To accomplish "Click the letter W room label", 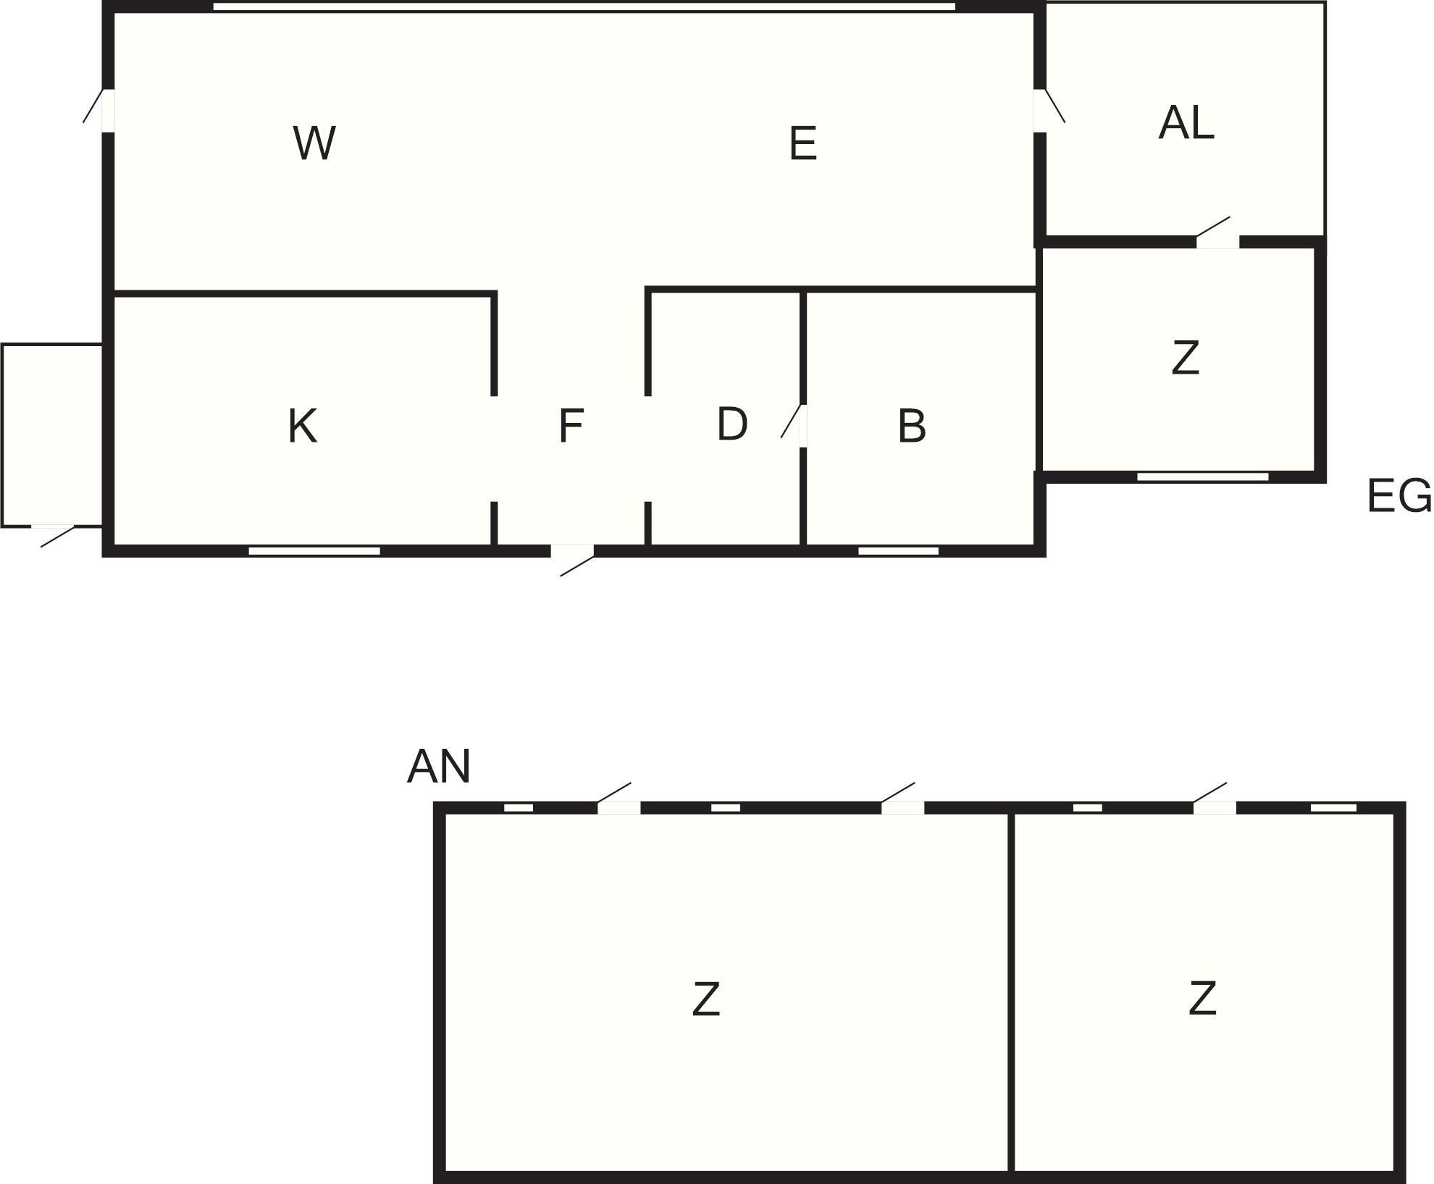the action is (x=314, y=143).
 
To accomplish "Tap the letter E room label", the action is (x=803, y=143).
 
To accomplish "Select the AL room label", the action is (x=1186, y=122).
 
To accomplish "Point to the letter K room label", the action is (x=303, y=426).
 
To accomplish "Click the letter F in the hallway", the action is (x=571, y=426).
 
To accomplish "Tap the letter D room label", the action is (x=732, y=424).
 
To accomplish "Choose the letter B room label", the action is (x=912, y=426).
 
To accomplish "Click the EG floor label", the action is (x=1399, y=496).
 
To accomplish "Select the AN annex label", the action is (x=439, y=766).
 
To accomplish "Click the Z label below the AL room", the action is (x=1185, y=358).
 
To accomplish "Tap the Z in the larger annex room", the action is (x=706, y=999).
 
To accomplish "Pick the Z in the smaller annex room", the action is (x=1202, y=999).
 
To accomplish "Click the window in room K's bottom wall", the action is (x=314, y=551).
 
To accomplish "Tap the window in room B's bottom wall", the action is (x=898, y=551).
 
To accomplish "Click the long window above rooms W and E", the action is (x=584, y=7).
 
